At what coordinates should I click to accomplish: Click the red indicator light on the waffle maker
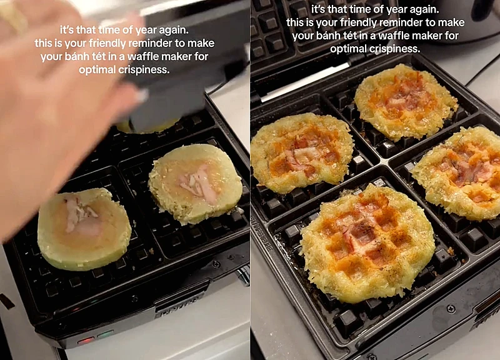86,341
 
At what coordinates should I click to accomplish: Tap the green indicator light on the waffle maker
106,334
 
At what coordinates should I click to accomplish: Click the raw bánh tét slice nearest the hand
84,229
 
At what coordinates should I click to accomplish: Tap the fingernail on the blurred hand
142,96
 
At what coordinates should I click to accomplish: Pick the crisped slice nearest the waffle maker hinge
406,102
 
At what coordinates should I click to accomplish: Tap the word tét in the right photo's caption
349,36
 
